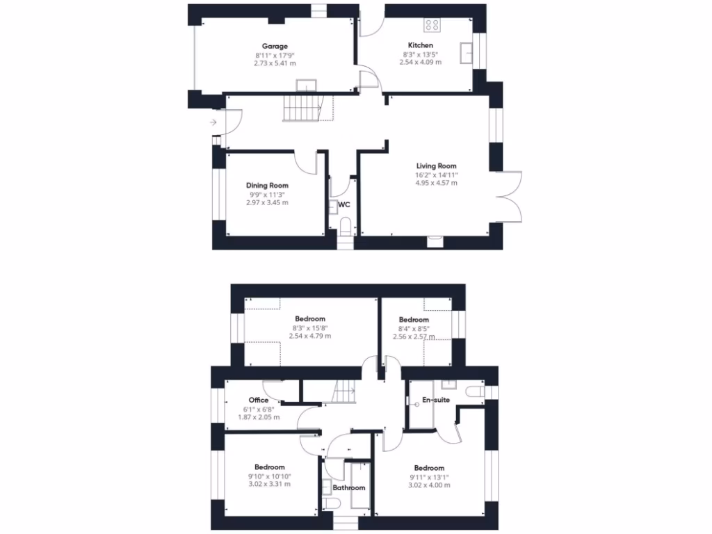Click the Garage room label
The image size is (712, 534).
pos(275,47)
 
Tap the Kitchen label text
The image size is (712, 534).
pos(420,45)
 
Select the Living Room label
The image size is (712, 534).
pos(436,166)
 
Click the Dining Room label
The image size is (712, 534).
pos(267,186)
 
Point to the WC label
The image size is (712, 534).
pos(344,205)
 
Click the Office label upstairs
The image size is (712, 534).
pos(259,400)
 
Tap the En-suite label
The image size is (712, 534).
pos(436,400)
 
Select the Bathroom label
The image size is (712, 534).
pos(348,487)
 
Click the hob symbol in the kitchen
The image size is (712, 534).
pos(432,26)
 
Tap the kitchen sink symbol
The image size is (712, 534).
pos(466,51)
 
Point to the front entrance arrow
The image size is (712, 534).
pos(212,123)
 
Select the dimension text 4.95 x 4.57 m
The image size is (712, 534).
pos(436,183)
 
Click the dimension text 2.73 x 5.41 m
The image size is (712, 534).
pos(275,63)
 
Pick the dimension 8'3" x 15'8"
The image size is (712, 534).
pos(309,327)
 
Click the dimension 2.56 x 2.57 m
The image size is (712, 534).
pos(414,337)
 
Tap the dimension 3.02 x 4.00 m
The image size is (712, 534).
pos(429,485)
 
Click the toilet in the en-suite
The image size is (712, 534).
pos(476,391)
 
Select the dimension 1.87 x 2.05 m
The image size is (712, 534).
pos(259,417)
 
